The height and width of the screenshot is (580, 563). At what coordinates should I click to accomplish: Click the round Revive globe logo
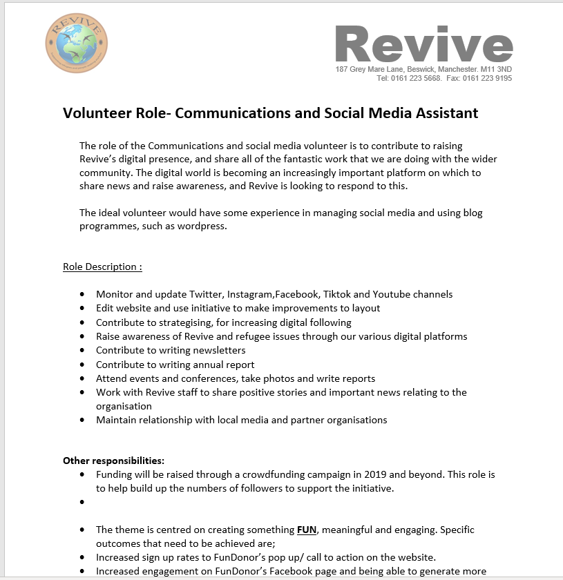(76, 43)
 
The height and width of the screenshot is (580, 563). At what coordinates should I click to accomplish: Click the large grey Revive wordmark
(423, 45)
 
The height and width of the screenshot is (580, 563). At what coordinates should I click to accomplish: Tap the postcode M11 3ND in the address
(496, 70)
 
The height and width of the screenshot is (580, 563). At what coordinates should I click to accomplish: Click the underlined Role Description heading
(102, 267)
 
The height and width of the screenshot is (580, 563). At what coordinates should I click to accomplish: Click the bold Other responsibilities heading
(113, 461)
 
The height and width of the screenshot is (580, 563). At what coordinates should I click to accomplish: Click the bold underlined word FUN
(306, 530)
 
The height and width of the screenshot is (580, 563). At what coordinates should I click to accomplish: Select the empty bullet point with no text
(83, 503)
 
